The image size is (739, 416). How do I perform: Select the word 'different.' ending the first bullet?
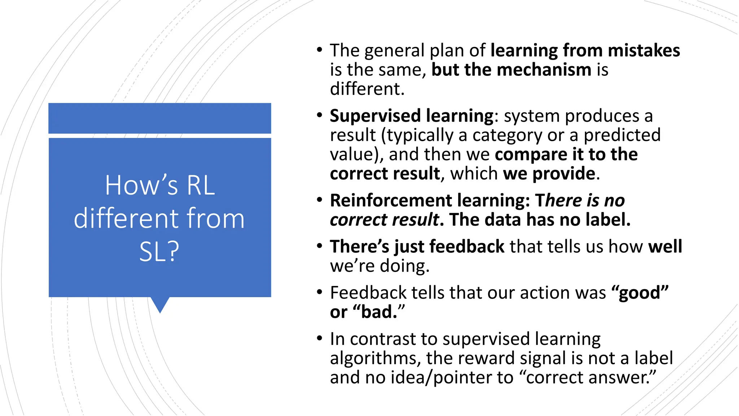point(367,89)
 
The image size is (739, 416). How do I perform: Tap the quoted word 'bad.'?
point(379,312)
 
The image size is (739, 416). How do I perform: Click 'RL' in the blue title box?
point(201,186)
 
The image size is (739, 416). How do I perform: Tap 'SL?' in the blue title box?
point(159,252)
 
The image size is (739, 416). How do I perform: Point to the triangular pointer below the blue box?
point(160,304)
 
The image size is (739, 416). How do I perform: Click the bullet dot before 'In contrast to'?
point(319,339)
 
